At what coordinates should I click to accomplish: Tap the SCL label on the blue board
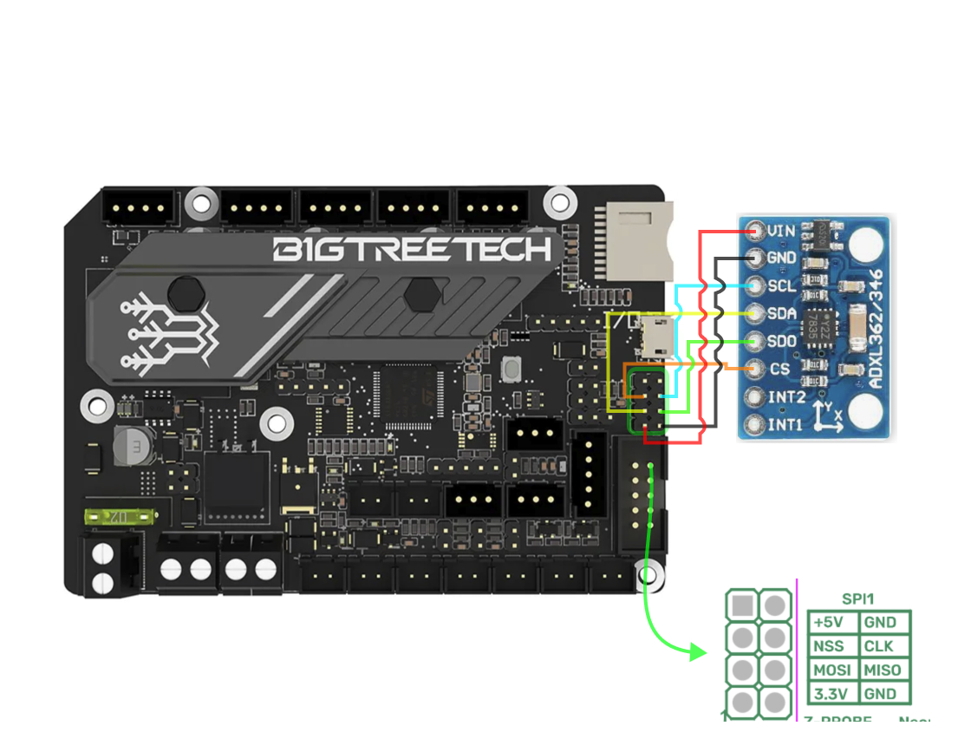(782, 286)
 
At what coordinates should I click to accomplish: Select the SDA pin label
(782, 313)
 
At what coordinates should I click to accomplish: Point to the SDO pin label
(782, 341)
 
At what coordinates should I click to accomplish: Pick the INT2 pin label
(785, 396)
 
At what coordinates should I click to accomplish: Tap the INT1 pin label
(785, 424)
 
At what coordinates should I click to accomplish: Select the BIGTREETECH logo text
(412, 251)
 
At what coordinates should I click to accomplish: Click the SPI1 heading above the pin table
(858, 599)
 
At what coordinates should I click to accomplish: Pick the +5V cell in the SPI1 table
(832, 623)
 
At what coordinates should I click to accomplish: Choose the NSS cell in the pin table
(832, 646)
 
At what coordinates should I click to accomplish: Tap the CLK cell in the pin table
(883, 646)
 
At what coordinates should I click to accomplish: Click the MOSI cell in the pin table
(832, 670)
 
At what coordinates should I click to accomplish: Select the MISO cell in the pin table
(883, 670)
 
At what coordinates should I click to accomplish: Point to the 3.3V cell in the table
(832, 693)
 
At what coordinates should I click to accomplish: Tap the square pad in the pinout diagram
(742, 605)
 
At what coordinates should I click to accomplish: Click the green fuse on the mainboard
(119, 518)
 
